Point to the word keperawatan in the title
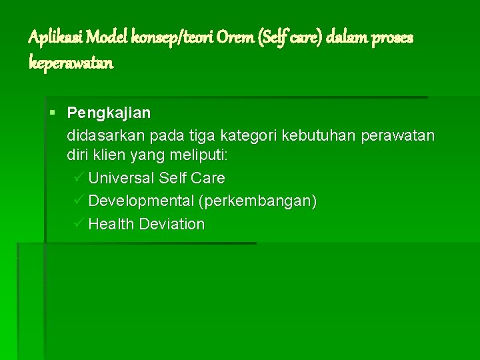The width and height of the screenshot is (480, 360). coord(71,63)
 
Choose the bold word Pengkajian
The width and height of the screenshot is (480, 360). coord(109,113)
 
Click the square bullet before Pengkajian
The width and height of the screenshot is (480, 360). coord(53,113)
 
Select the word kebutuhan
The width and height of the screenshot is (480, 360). coord(319,136)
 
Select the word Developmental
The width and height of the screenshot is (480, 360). coord(141,201)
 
